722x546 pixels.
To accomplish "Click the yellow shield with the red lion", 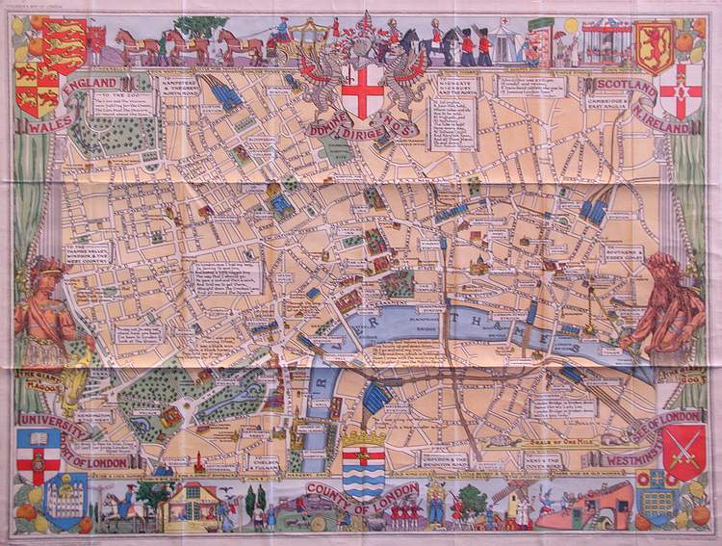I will (655, 45).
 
